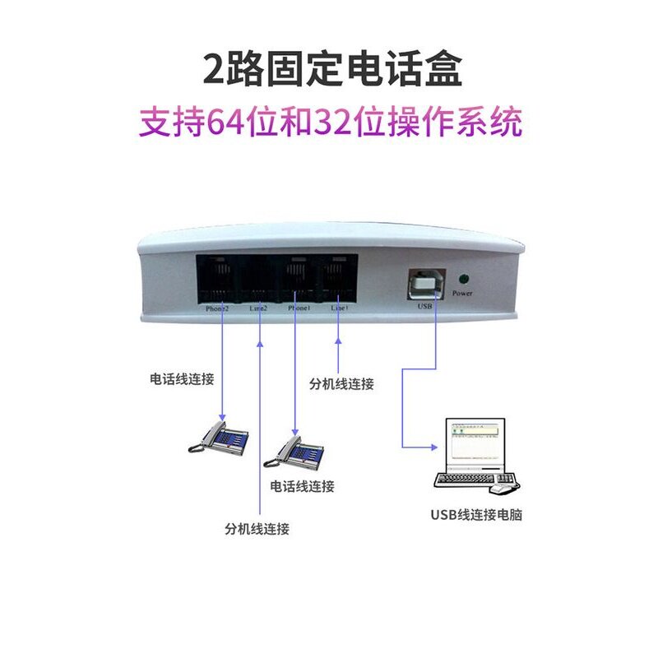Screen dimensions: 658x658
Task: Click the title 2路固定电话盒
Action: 333,69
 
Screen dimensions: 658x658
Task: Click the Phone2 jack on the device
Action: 217,278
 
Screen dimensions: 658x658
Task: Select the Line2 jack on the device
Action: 258,278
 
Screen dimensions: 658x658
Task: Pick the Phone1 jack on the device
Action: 298,278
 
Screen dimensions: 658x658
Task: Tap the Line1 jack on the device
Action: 338,278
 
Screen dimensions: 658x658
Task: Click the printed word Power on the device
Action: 462,293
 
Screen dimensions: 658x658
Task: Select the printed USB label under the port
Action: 425,308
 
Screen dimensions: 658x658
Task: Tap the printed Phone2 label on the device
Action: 217,309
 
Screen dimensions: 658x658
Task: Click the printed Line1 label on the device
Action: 339,308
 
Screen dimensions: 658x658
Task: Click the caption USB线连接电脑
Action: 476,516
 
